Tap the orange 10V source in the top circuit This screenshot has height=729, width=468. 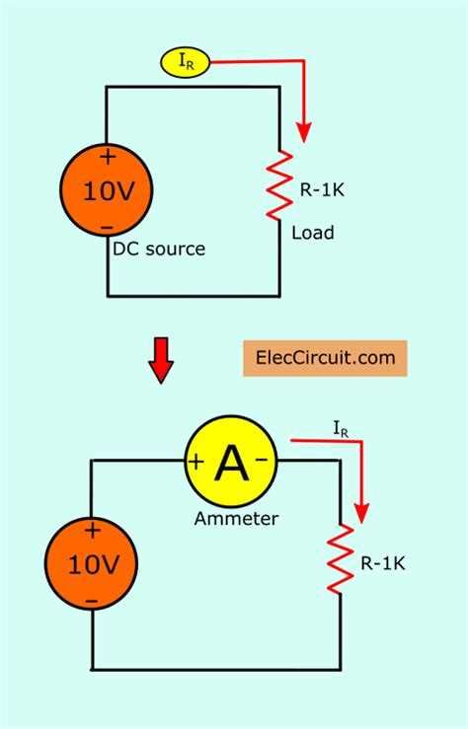(107, 190)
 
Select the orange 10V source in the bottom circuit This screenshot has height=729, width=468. (92, 564)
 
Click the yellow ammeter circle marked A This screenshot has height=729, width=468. (231, 462)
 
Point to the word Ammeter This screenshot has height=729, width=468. (236, 518)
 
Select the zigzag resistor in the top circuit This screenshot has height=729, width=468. (283, 184)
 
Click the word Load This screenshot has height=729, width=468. (313, 233)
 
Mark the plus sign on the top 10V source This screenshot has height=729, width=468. (107, 156)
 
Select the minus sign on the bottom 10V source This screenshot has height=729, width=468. (92, 600)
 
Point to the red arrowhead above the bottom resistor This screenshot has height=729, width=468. (361, 513)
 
